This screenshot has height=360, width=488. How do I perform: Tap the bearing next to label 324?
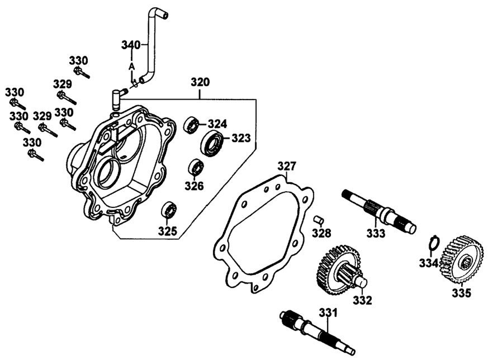click(191, 124)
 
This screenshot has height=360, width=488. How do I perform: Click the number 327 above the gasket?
click(287, 166)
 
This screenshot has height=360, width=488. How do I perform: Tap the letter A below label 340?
click(131, 65)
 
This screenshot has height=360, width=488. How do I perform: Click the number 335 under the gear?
click(461, 293)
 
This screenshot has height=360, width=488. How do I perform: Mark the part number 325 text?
click(167, 230)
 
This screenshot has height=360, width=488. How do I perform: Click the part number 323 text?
click(241, 139)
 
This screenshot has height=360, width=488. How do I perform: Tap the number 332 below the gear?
click(363, 300)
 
